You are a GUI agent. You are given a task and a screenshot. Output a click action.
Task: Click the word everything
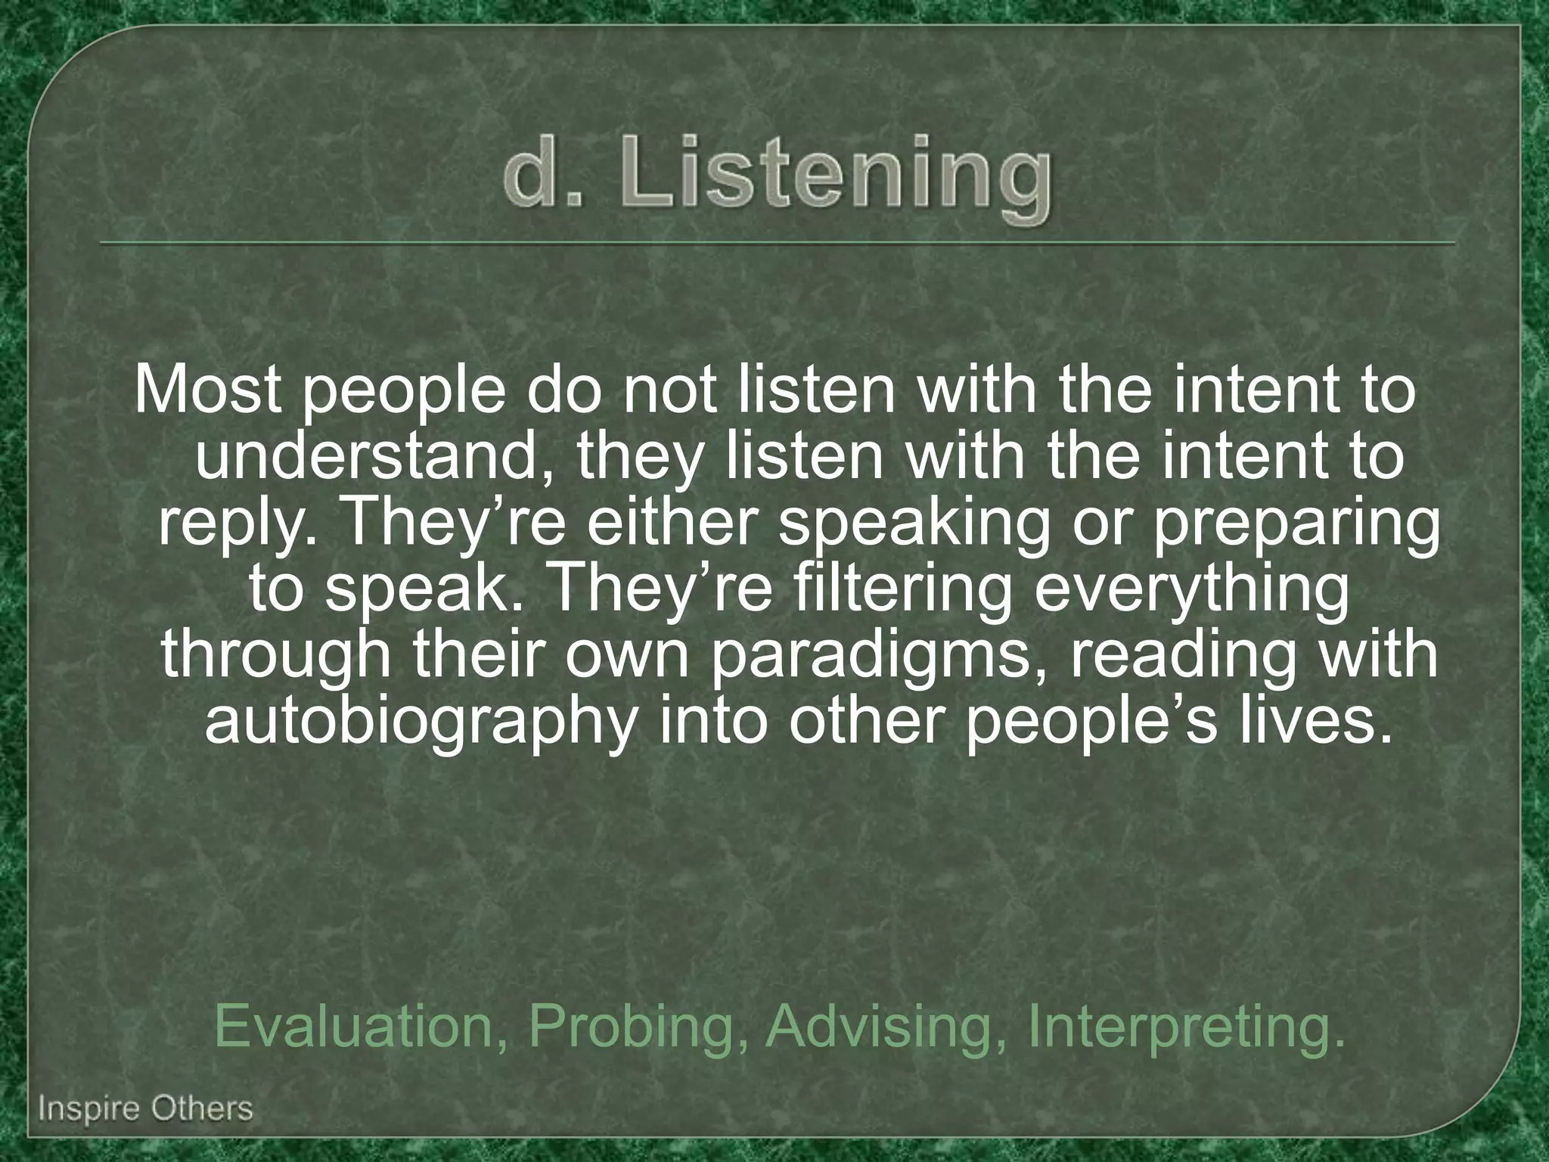pos(1191,589)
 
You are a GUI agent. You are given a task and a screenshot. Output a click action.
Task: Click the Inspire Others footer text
pos(145,1110)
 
